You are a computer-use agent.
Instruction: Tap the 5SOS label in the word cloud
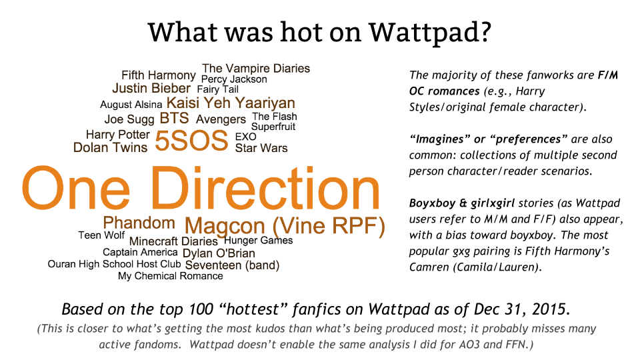tap(191, 141)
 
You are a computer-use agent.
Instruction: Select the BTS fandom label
tap(174, 119)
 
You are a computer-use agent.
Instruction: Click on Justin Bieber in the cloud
tap(151, 88)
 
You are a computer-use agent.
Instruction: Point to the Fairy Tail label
tap(217, 89)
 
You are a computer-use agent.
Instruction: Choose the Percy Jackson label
tap(234, 79)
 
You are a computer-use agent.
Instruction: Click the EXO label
tap(246, 137)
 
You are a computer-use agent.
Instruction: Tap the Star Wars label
tap(261, 148)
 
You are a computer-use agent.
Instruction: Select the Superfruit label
tap(273, 127)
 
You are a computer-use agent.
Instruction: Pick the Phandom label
tap(139, 223)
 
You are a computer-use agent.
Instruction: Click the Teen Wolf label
tap(101, 235)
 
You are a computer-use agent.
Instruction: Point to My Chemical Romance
tap(171, 276)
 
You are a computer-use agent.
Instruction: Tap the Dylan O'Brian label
tap(219, 253)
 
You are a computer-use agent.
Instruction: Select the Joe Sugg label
tap(129, 119)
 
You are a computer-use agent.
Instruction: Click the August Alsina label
tap(131, 105)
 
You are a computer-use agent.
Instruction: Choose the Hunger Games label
tap(259, 241)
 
